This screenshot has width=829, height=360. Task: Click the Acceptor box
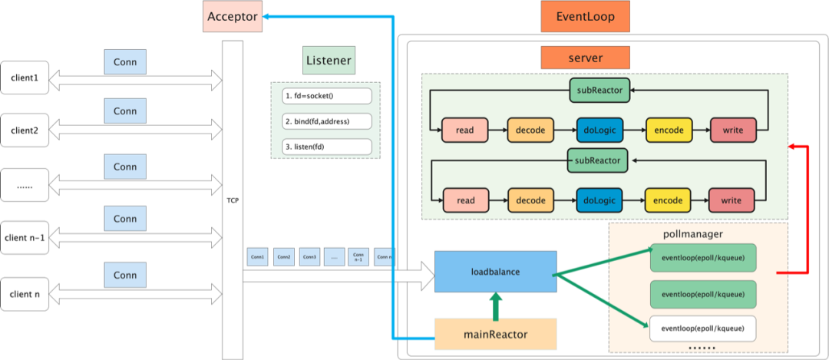pyautogui.click(x=233, y=16)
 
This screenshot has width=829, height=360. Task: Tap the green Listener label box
pyautogui.click(x=328, y=60)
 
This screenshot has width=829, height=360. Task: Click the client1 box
pyautogui.click(x=25, y=78)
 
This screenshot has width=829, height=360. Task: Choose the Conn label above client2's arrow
pyautogui.click(x=125, y=111)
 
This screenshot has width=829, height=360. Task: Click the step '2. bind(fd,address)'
pyautogui.click(x=327, y=121)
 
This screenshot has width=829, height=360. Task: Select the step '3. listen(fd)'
pyautogui.click(x=327, y=147)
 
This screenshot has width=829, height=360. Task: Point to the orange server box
pyautogui.click(x=585, y=58)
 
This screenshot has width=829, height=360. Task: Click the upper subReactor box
pyautogui.click(x=600, y=90)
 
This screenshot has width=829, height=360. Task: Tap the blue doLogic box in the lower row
pyautogui.click(x=599, y=200)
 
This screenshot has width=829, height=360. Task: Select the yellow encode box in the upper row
pyautogui.click(x=669, y=130)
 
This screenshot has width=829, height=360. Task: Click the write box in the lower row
pyautogui.click(x=732, y=200)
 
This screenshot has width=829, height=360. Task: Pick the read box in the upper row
pyautogui.click(x=464, y=130)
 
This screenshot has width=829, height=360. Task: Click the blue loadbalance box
pyautogui.click(x=495, y=271)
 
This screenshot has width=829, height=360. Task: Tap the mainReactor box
pyautogui.click(x=495, y=334)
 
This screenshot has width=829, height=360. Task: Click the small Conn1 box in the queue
pyautogui.click(x=259, y=256)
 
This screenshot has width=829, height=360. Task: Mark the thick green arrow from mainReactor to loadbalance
pyautogui.click(x=495, y=306)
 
